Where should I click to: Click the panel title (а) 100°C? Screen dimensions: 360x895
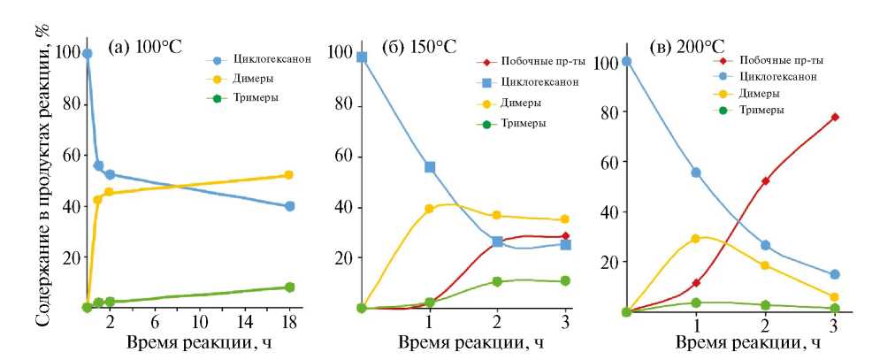pyautogui.click(x=144, y=48)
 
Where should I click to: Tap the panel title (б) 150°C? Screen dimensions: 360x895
pyautogui.click(x=419, y=48)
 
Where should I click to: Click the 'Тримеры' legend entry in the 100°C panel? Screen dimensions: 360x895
pyautogui.click(x=256, y=96)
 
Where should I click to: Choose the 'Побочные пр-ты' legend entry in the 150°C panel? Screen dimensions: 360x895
pyautogui.click(x=531, y=62)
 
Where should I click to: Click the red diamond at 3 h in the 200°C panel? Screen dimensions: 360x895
pyautogui.click(x=834, y=117)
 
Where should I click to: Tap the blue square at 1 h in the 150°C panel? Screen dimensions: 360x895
pyautogui.click(x=430, y=167)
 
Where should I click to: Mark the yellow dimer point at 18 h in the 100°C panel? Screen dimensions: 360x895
pyautogui.click(x=289, y=175)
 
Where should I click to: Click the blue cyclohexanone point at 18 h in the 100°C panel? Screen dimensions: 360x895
pyautogui.click(x=289, y=206)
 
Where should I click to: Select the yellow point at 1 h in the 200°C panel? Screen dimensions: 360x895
pyautogui.click(x=696, y=238)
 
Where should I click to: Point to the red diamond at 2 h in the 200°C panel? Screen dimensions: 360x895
pyautogui.click(x=765, y=180)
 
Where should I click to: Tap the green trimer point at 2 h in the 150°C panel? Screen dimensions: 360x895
pyautogui.click(x=497, y=281)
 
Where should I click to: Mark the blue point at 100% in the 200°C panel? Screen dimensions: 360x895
pyautogui.click(x=626, y=62)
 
